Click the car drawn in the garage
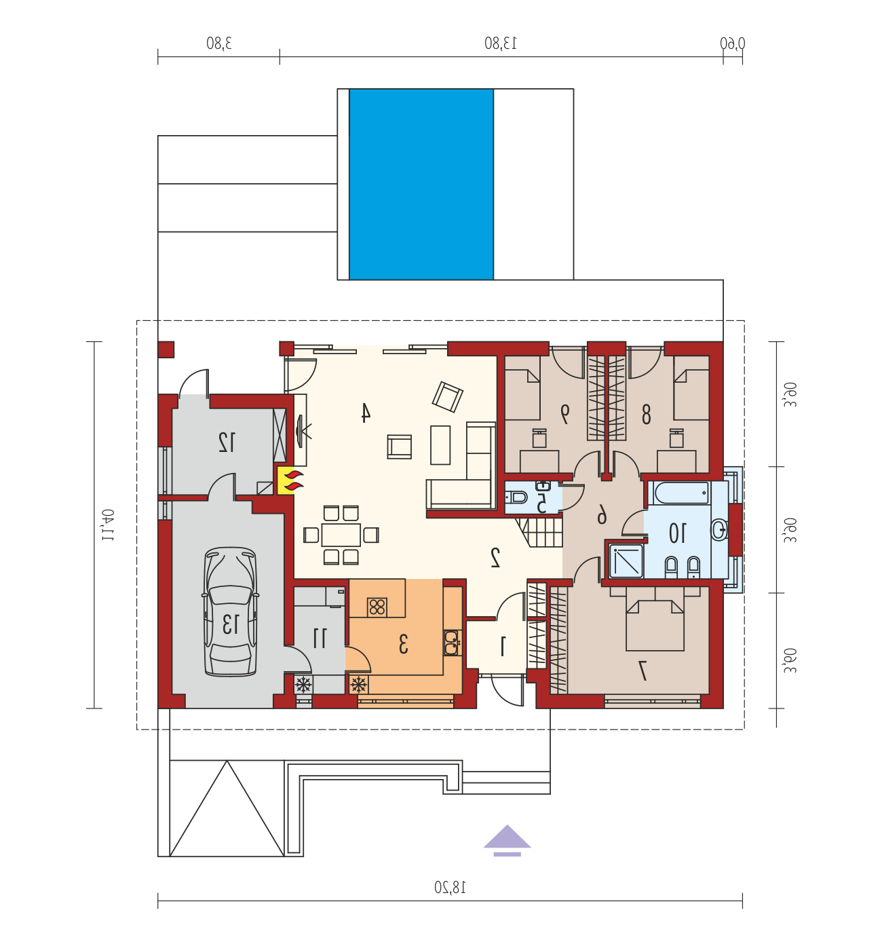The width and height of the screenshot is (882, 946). tap(230, 611)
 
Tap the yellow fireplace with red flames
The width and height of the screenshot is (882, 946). tap(285, 480)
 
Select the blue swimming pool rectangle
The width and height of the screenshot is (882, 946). tap(421, 184)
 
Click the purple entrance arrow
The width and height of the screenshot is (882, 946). tap(507, 841)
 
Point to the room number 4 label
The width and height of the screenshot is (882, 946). tap(365, 413)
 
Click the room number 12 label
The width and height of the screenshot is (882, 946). tap(226, 442)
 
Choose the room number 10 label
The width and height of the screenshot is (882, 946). tap(676, 533)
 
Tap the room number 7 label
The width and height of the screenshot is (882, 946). tap(643, 670)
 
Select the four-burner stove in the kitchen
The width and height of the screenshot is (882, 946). tap(377, 607)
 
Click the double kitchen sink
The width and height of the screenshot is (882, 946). tap(451, 643)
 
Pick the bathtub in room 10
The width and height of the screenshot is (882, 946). tap(680, 493)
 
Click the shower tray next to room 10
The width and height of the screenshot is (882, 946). tap(626, 561)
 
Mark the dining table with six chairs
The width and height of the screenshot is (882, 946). tap(341, 535)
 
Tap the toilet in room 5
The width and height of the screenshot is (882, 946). tap(516, 497)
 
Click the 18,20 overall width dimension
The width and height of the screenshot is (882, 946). tap(450, 888)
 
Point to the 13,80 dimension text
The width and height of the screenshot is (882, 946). tap(501, 43)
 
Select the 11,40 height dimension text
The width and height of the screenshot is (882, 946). tap(108, 525)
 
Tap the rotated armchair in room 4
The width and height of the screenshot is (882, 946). tap(447, 397)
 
